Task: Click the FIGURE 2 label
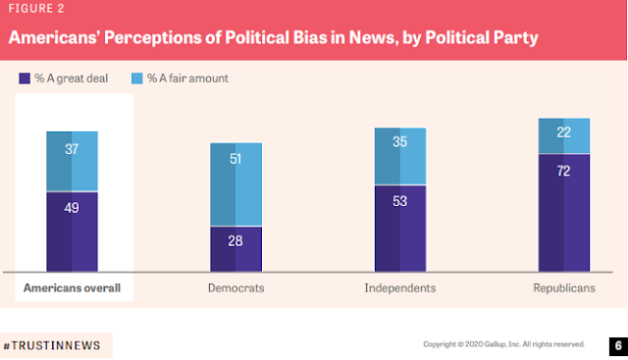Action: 36,9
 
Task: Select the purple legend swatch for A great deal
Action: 25,78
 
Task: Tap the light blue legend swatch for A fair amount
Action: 137,78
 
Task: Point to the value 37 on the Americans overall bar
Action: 72,149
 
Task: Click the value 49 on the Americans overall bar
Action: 72,208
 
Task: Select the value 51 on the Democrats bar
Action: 235,159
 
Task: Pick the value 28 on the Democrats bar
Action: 235,241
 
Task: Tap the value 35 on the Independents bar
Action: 399,142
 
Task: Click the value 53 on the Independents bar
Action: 399,201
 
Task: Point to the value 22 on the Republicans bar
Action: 563,132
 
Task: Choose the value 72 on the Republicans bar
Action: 563,172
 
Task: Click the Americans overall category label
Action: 72,288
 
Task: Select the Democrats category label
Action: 235,288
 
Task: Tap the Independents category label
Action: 400,288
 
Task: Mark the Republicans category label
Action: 564,288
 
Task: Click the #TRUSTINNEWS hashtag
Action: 52,345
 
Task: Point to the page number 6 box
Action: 618,346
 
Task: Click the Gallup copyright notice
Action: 503,344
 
